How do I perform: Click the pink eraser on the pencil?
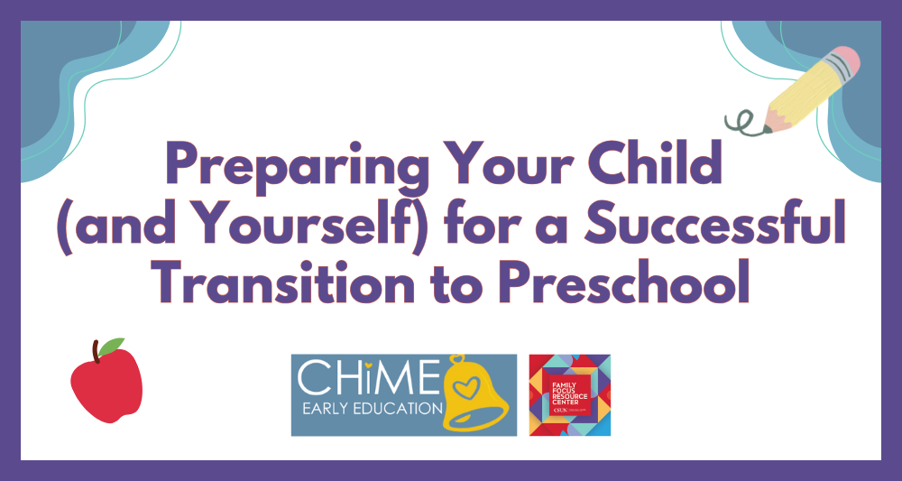coord(842,64)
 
